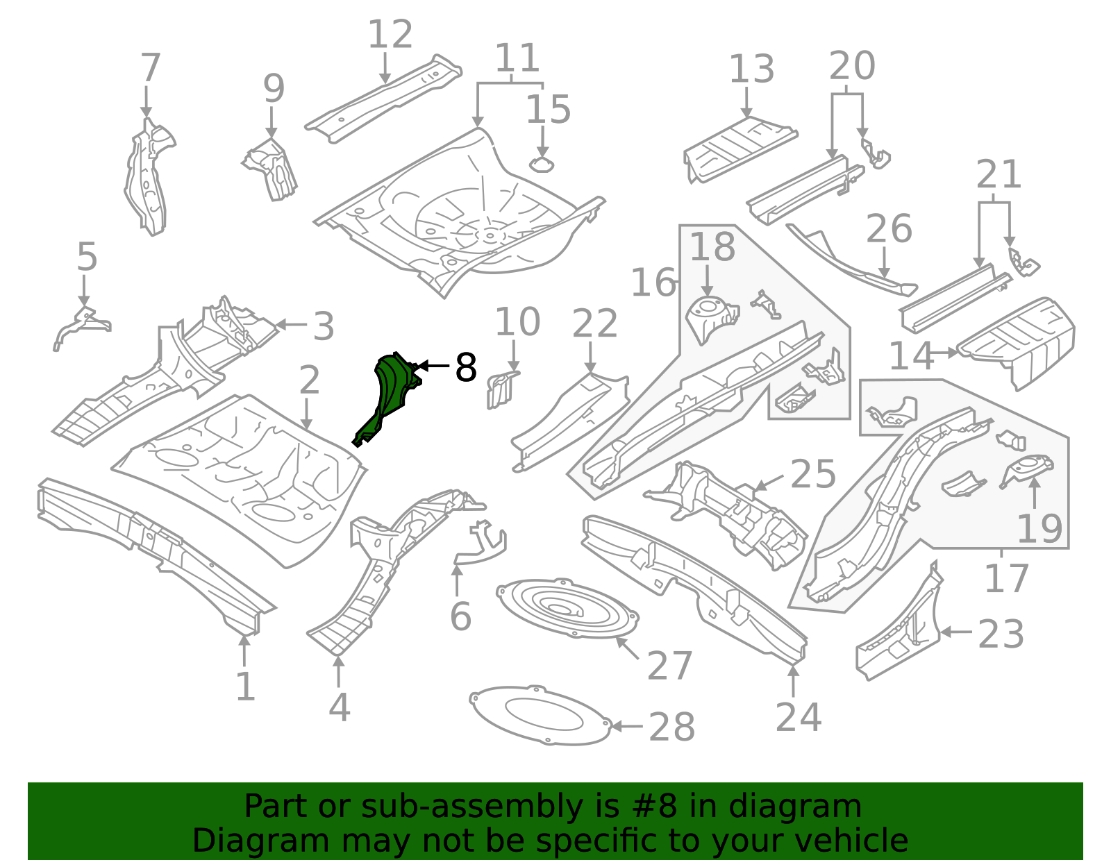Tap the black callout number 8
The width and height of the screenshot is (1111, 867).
[x=465, y=367]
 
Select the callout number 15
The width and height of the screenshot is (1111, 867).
[x=548, y=110]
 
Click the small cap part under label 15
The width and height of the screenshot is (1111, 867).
[x=542, y=165]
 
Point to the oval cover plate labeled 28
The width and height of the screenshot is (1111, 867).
[x=540, y=716]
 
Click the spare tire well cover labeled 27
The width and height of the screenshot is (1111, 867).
[x=567, y=609]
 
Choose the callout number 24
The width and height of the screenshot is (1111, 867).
[x=798, y=717]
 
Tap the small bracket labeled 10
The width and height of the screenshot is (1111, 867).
[x=501, y=390]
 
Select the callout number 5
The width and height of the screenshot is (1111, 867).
[x=87, y=258]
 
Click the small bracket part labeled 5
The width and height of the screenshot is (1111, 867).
[x=81, y=324]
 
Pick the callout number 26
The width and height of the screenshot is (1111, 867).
[x=889, y=229]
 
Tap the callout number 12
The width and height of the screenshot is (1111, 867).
[x=390, y=35]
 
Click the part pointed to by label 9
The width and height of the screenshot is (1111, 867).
[x=272, y=169]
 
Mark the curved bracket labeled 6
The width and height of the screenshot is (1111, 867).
[x=481, y=545]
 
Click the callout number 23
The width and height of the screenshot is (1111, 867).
[x=1001, y=634]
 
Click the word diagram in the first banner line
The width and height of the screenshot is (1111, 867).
[x=812, y=807]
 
